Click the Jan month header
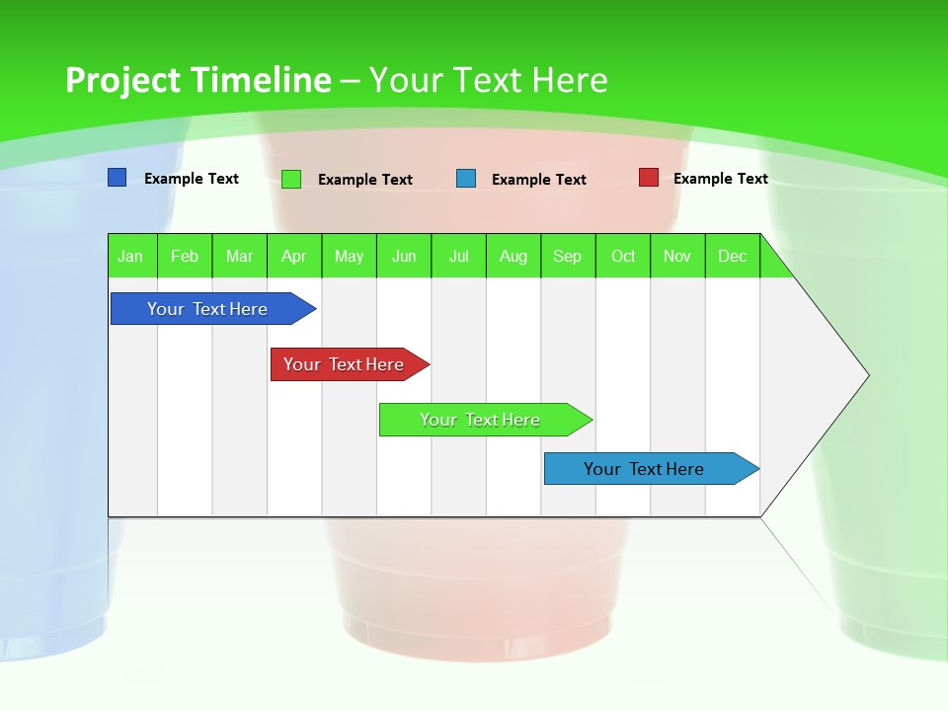click(131, 256)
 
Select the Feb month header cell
click(185, 256)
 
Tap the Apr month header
click(294, 256)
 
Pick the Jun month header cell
click(404, 256)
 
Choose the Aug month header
click(513, 256)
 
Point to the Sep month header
click(568, 256)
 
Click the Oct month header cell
click(623, 256)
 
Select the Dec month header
click(733, 256)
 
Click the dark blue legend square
click(118, 178)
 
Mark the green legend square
click(291, 179)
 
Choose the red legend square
click(649, 178)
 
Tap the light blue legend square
click(466, 179)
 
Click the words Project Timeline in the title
click(198, 80)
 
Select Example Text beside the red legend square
click(720, 179)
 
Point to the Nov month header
click(677, 256)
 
